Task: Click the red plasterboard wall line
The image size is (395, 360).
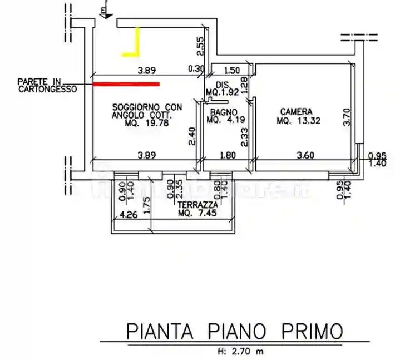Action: [x=126, y=84]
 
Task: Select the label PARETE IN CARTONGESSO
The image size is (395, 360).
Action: [x=47, y=85]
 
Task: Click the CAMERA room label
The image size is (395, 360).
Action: [x=296, y=111]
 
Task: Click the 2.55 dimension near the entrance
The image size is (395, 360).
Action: [x=201, y=47]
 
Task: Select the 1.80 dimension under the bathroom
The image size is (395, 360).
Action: [x=225, y=156]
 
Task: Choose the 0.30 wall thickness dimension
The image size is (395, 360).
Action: [x=196, y=70]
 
